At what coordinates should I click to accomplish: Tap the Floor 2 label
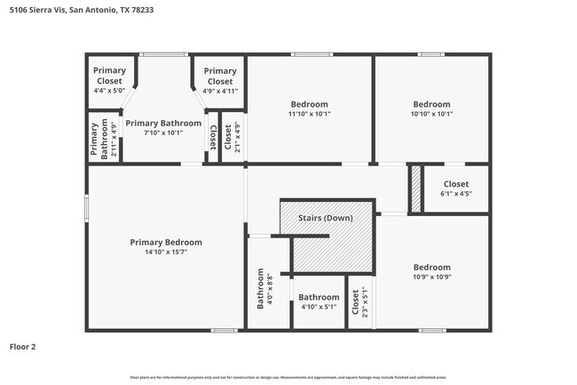(23, 347)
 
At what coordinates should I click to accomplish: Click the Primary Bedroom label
(166, 242)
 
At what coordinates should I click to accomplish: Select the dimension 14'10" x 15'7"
(166, 252)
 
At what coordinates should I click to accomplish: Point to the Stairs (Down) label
(324, 218)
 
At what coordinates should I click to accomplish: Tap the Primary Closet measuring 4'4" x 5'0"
(109, 80)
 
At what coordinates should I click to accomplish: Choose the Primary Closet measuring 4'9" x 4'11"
(219, 80)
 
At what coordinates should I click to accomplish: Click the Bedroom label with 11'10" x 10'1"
(308, 108)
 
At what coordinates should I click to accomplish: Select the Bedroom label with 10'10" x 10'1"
(431, 108)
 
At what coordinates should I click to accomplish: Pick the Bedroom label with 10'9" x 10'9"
(431, 271)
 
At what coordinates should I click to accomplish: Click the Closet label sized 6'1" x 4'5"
(455, 188)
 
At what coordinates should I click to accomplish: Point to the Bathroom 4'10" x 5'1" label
(319, 301)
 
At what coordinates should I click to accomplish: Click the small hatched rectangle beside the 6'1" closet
(415, 189)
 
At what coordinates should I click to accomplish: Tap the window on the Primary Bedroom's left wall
(86, 206)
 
